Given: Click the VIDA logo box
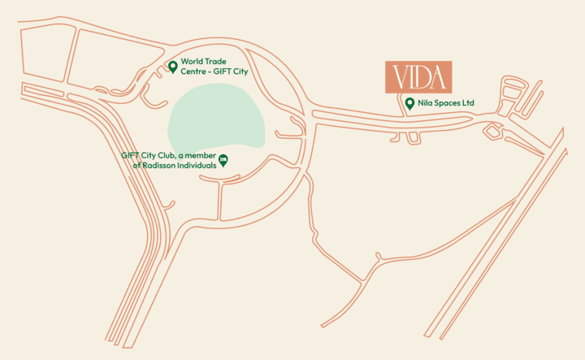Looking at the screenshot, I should (x=418, y=76).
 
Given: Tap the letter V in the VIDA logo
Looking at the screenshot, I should (x=399, y=77).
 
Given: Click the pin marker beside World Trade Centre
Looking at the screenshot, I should (x=172, y=67).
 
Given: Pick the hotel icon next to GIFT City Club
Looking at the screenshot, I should (x=223, y=159).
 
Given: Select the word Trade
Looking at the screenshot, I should (x=216, y=62).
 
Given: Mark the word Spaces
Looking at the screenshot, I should (x=448, y=104).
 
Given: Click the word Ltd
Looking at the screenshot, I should (x=468, y=104).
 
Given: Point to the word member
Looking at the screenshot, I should (x=201, y=154).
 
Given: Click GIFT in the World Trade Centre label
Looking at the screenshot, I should (x=224, y=72).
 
